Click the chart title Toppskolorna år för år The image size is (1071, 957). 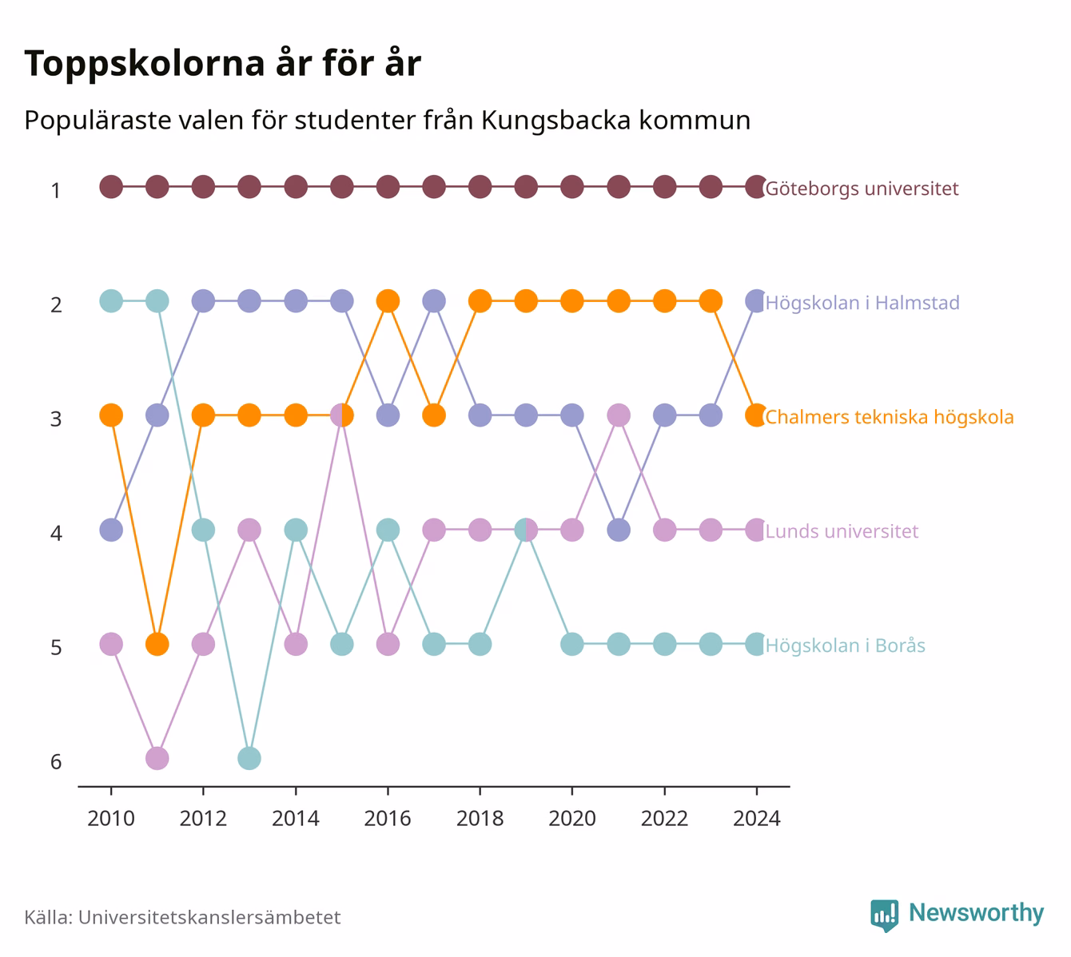tap(222, 64)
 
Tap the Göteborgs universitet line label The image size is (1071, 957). tap(862, 189)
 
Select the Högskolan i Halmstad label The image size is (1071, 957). tap(862, 303)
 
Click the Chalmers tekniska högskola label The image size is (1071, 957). tap(889, 417)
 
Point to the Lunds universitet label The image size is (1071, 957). tap(842, 531)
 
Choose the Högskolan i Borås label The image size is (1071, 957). tap(846, 645)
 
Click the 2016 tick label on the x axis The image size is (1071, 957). tap(388, 819)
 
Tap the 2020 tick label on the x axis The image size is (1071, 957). tap(572, 819)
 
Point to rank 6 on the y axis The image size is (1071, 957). tap(56, 762)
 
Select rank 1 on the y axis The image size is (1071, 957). tap(56, 191)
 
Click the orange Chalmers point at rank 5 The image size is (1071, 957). tap(157, 644)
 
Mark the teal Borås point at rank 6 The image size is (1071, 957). tap(249, 758)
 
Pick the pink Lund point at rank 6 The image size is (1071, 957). tap(157, 758)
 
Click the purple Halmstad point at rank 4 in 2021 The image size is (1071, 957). tap(619, 530)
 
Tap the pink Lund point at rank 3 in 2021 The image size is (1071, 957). tap(619, 415)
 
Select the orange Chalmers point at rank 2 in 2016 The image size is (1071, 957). tap(388, 301)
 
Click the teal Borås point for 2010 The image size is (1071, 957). tap(111, 301)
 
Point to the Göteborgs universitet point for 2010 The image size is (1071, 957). tap(111, 187)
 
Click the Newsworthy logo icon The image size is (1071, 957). tap(884, 915)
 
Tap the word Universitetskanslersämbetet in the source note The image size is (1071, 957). tap(209, 917)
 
